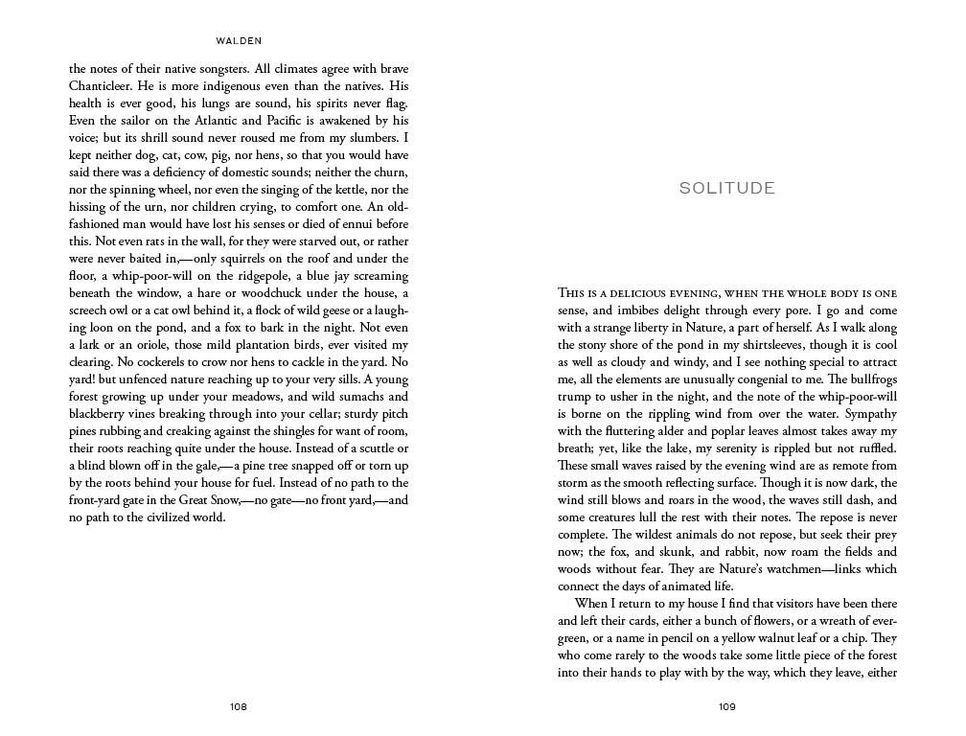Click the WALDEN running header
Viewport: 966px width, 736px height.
(x=239, y=41)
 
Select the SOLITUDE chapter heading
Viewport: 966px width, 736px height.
(x=727, y=188)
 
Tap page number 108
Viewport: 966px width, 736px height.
(x=239, y=707)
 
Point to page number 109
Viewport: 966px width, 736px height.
(x=727, y=707)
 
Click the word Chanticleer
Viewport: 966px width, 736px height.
(x=104, y=86)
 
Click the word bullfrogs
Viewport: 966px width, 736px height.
(x=868, y=379)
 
